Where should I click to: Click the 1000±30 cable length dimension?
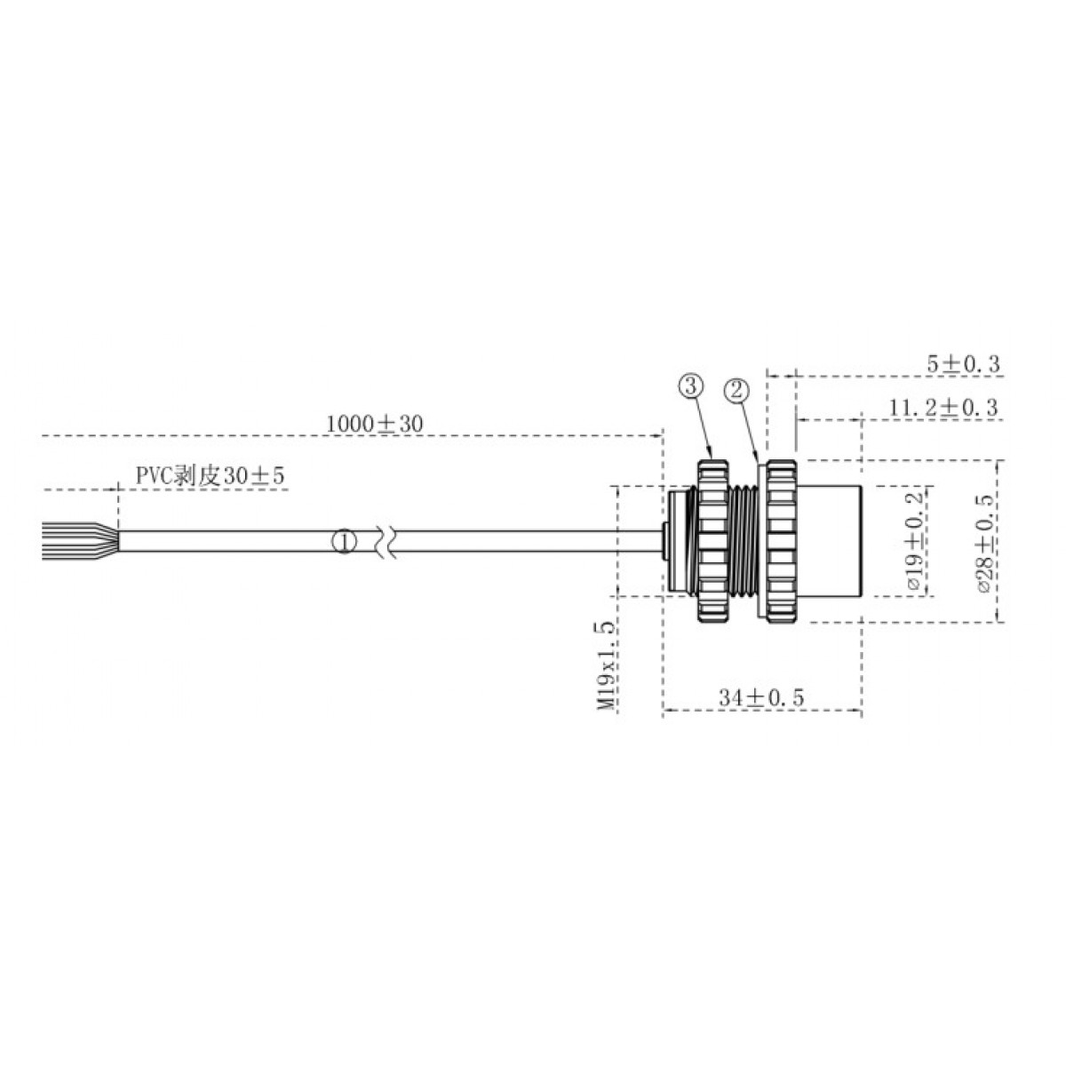[373, 424]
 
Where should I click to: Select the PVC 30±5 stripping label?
[210, 476]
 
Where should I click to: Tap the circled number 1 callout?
[345, 540]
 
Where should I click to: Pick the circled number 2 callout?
[736, 389]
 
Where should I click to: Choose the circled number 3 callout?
[691, 385]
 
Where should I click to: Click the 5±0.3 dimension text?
[964, 363]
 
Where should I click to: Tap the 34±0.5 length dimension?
[761, 698]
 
